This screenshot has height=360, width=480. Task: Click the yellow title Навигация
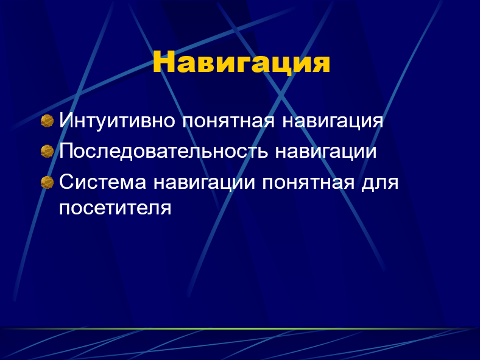tap(241, 63)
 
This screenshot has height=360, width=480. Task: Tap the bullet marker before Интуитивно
tap(47, 121)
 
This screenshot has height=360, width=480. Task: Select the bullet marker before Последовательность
tap(47, 151)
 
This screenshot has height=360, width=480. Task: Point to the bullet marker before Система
tap(47, 182)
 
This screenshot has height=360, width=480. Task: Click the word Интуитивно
tap(117, 121)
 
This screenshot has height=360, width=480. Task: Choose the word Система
tap(102, 182)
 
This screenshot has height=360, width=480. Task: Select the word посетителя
tap(115, 208)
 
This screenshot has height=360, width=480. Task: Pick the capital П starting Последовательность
tap(66, 150)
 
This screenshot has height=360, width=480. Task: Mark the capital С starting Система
tap(66, 182)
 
